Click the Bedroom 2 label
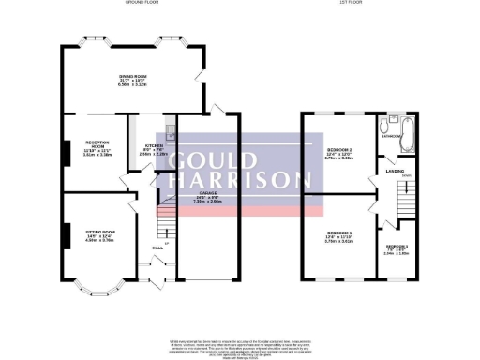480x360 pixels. tap(337, 150)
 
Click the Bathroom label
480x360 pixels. tap(392, 137)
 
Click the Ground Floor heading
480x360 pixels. tap(144, 4)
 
